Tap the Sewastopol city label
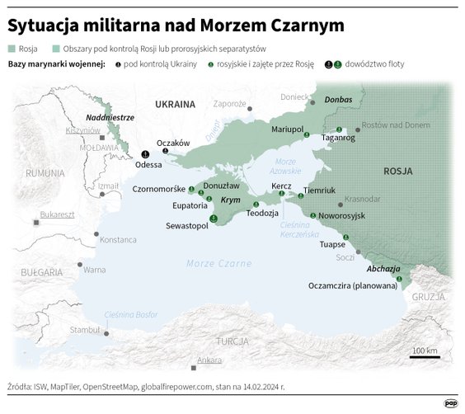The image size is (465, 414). click(x=187, y=225)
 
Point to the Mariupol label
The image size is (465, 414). click(x=288, y=130)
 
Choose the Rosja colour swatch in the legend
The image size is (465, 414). click(x=12, y=48)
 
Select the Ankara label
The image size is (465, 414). click(x=209, y=360)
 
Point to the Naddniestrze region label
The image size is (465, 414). click(x=110, y=118)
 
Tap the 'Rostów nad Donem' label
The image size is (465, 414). click(x=402, y=124)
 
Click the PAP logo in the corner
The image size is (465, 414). click(x=450, y=403)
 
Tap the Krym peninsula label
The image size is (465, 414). click(x=230, y=200)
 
